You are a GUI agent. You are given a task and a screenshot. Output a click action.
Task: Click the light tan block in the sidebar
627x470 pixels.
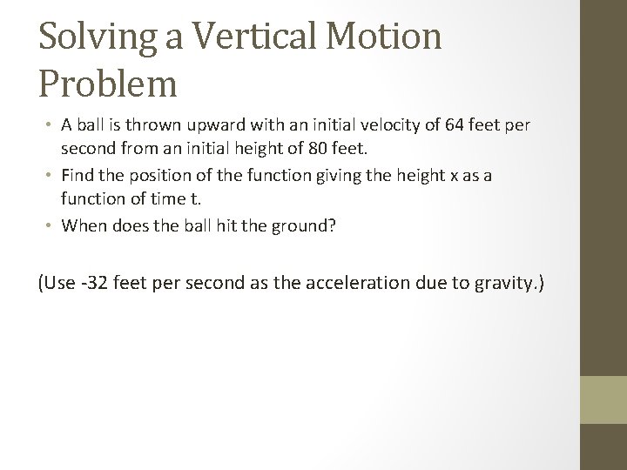click(603, 400)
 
